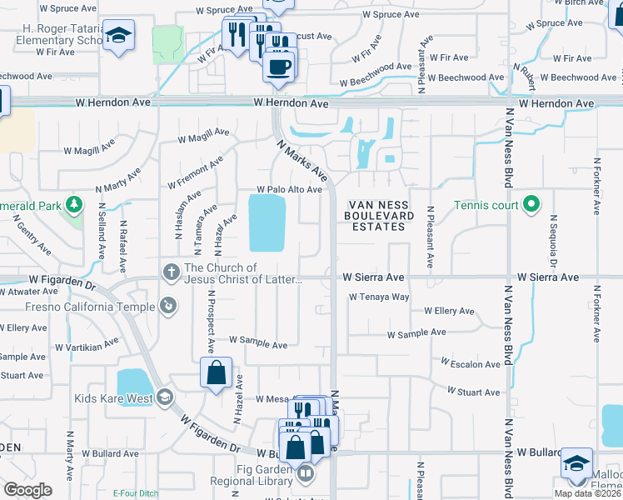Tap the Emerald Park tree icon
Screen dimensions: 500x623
pos(74,204)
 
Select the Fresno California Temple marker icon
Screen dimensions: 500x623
pos(169,307)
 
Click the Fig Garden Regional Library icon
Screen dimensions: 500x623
pos(306,475)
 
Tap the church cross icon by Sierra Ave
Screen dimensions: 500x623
pos(172,272)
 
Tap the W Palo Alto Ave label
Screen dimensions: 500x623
pos(289,190)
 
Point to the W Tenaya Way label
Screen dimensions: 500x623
pos(379,297)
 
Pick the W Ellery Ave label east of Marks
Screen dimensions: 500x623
pos(449,311)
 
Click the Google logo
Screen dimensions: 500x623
pos(27,490)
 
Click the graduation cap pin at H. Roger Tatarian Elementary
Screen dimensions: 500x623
pos(119,36)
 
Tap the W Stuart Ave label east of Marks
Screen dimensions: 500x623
pos(474,392)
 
